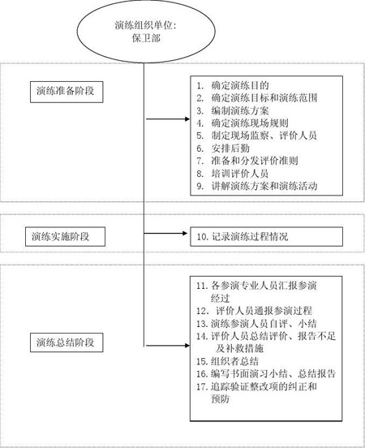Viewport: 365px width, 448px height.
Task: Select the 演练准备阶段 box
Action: coord(67,92)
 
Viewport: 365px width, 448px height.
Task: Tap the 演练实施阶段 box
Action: coord(65,236)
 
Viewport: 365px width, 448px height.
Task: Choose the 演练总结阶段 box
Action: coord(67,342)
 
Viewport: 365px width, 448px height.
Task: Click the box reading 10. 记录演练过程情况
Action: coord(267,236)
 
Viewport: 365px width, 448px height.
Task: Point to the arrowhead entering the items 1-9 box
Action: coord(187,118)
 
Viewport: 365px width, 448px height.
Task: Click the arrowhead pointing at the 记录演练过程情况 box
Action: coord(185,234)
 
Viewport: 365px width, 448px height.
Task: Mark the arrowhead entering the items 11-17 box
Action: coord(187,346)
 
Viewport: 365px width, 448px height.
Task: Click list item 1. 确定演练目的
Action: coord(233,85)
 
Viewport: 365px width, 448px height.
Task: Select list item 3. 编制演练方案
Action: coord(233,110)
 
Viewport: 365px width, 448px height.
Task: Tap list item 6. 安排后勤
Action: coord(223,149)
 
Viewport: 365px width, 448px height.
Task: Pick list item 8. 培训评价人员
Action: coord(233,174)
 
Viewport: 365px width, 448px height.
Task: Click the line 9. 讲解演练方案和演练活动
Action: coord(257,186)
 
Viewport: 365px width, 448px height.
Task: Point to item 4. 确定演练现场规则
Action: coord(243,123)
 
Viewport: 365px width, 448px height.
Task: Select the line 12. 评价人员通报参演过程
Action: coord(254,311)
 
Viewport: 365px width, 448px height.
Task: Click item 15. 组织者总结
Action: coord(227,361)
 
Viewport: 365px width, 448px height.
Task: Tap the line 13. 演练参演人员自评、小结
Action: coord(256,324)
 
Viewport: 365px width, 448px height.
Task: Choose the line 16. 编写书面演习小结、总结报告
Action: coord(266,374)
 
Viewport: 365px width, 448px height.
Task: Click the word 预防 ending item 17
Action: coord(220,398)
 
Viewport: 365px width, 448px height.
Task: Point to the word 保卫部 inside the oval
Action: coord(146,38)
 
